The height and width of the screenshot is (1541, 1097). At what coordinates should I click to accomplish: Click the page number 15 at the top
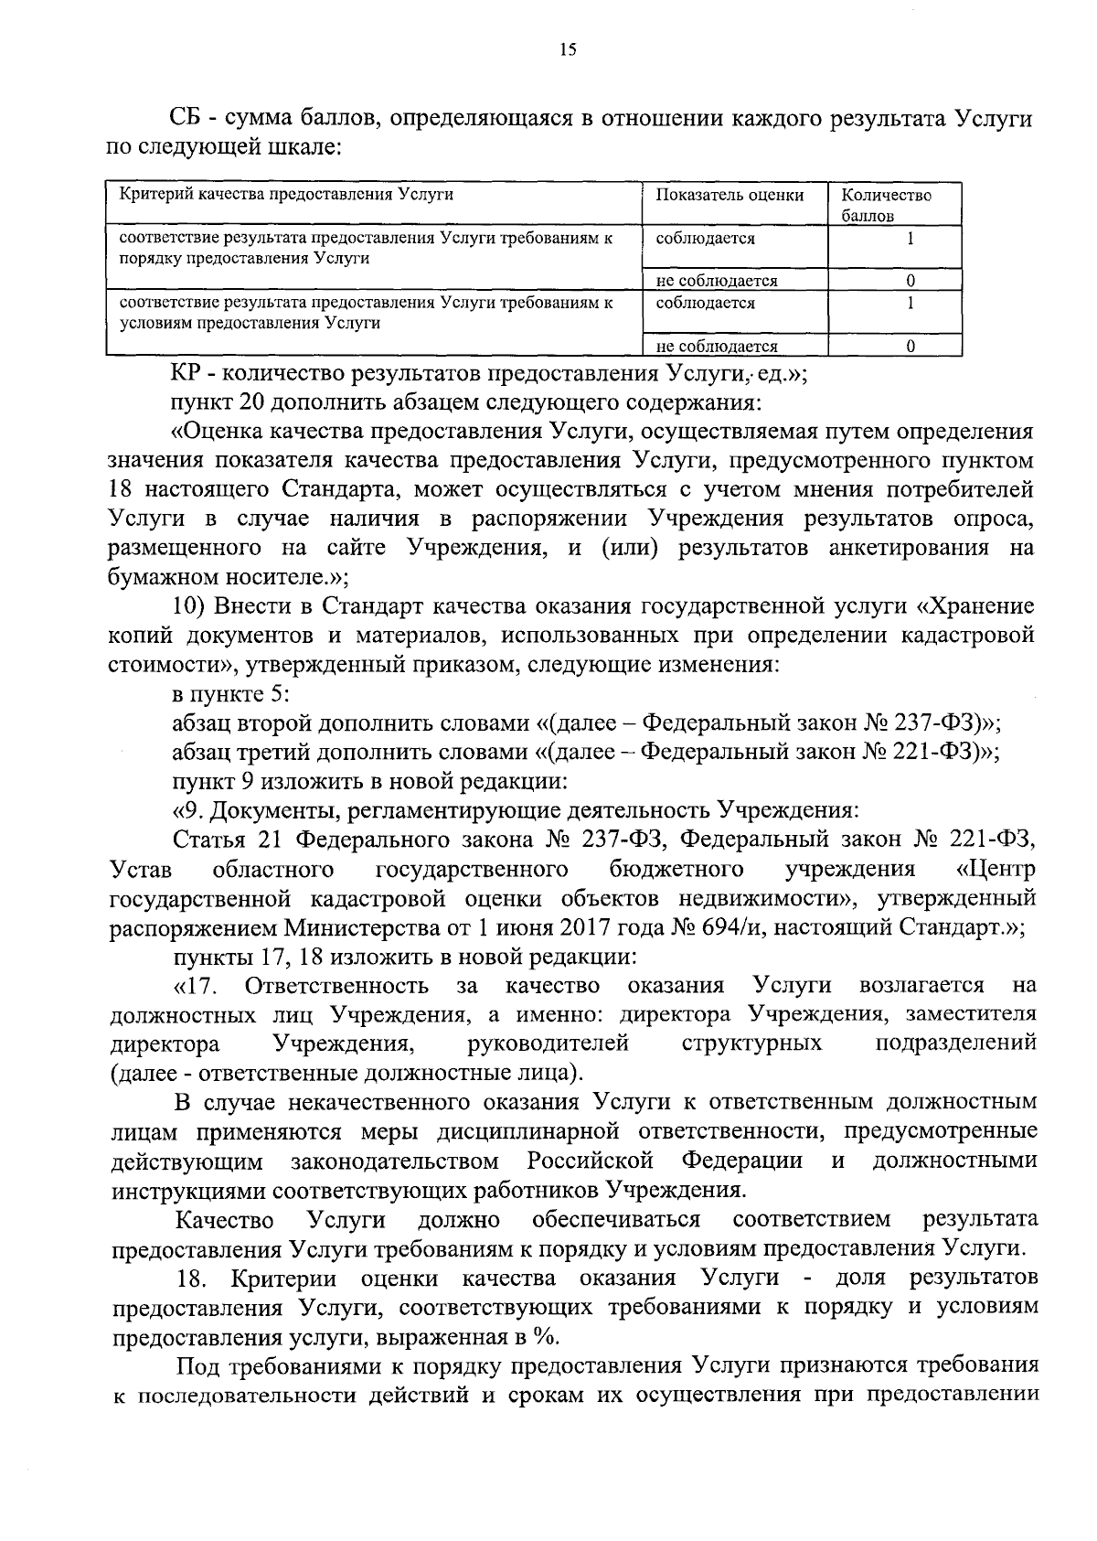tap(567, 50)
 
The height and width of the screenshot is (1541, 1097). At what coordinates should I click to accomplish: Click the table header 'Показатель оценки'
tap(730, 195)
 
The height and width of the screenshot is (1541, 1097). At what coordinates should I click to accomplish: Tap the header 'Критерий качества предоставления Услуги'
tap(286, 194)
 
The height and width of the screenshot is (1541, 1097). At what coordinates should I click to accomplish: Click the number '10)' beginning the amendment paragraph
tap(193, 606)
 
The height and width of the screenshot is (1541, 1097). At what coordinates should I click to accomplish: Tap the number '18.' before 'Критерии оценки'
tap(193, 1278)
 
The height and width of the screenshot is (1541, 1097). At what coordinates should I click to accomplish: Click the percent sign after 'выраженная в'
tap(546, 1336)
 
